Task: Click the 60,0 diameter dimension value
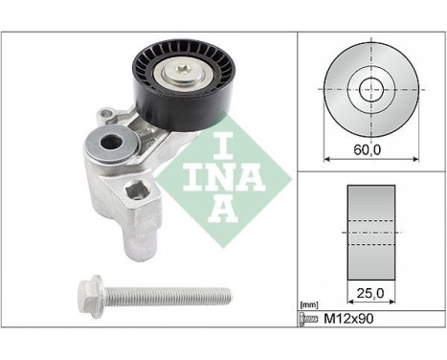pos(368,149)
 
